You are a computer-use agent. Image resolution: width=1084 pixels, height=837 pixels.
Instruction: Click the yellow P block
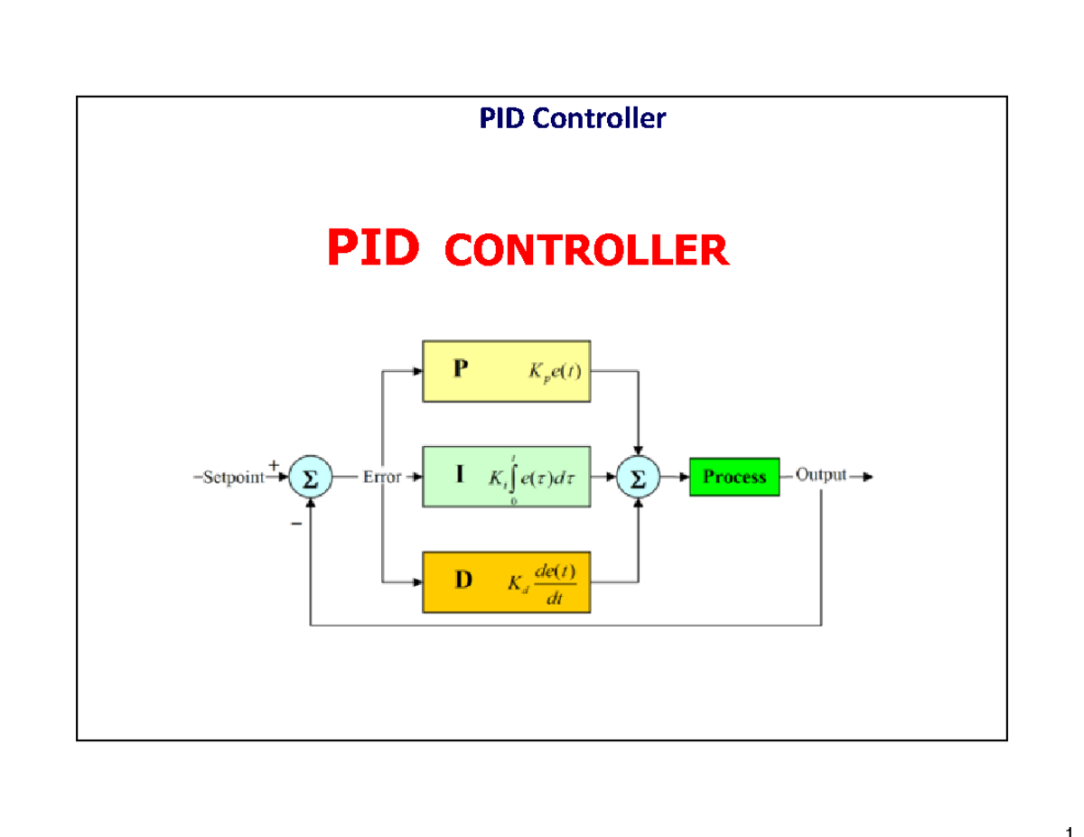coord(506,371)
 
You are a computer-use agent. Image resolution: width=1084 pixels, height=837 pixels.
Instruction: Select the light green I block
coord(506,477)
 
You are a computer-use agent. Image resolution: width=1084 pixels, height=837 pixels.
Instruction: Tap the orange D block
coord(506,582)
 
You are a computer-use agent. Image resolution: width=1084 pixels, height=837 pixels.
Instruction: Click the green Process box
coord(734,477)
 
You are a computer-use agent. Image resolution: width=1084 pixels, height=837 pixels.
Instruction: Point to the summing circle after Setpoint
coord(311,479)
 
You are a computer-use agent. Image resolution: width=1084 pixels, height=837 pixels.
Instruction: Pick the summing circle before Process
coord(639,479)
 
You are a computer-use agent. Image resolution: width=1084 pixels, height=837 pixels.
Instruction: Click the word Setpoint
coord(233,479)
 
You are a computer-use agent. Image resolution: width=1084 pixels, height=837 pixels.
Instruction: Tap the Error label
coord(382,479)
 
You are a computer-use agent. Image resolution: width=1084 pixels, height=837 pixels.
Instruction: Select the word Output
coord(821,476)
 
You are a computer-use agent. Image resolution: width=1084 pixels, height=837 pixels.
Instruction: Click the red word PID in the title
coord(372,246)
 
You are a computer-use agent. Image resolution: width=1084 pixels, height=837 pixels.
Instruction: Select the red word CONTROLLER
coord(586,250)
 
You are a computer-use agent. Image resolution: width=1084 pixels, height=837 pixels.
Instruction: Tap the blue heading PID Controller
coord(572,118)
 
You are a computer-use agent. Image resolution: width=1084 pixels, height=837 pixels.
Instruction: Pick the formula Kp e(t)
coord(553,372)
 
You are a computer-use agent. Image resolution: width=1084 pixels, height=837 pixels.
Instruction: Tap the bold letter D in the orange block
coord(463,581)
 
